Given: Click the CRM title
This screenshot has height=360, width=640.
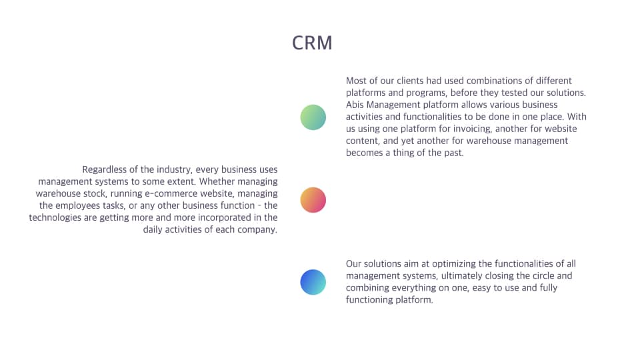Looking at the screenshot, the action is pyautogui.click(x=312, y=43).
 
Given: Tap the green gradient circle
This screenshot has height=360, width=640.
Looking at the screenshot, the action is pyautogui.click(x=313, y=117).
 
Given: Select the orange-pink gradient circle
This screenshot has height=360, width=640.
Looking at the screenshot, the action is pyautogui.click(x=313, y=200).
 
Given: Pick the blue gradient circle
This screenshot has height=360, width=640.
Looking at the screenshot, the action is pyautogui.click(x=313, y=282).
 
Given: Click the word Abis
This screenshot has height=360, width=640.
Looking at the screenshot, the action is pyautogui.click(x=355, y=105).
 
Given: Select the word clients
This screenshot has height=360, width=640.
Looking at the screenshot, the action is pyautogui.click(x=411, y=81).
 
